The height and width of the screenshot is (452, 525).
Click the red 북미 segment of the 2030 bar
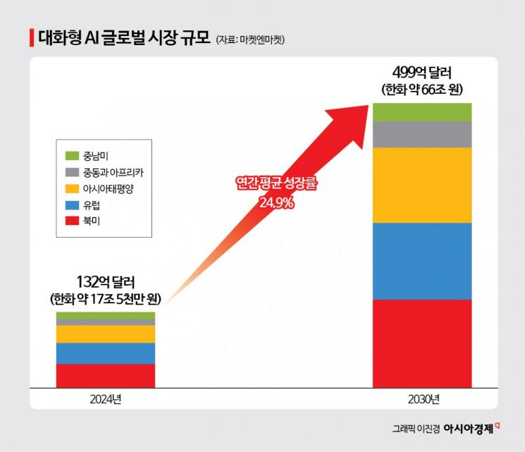pos(422,343)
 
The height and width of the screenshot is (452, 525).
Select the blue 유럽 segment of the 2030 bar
pos(422,261)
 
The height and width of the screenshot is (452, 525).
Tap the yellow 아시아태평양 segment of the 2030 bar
pos(422,185)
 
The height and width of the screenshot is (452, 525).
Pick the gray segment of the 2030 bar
pos(422,134)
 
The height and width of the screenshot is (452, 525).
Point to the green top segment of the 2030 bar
pos(422,111)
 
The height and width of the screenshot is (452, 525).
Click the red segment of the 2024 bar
pos(106,375)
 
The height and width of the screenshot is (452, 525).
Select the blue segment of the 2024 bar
pos(106,353)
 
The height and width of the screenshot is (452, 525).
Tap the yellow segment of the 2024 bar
pos(106,334)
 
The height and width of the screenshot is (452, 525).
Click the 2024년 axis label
pos(106,399)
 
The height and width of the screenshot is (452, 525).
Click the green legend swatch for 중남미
pos(71,155)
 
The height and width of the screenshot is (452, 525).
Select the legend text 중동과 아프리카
pos(106,171)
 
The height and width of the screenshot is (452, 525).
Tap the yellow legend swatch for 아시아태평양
pos(71,188)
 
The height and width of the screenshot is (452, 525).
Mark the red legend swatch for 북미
pos(71,221)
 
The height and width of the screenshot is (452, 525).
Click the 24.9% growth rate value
pos(275,202)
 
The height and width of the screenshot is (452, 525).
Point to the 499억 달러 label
pos(422,73)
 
